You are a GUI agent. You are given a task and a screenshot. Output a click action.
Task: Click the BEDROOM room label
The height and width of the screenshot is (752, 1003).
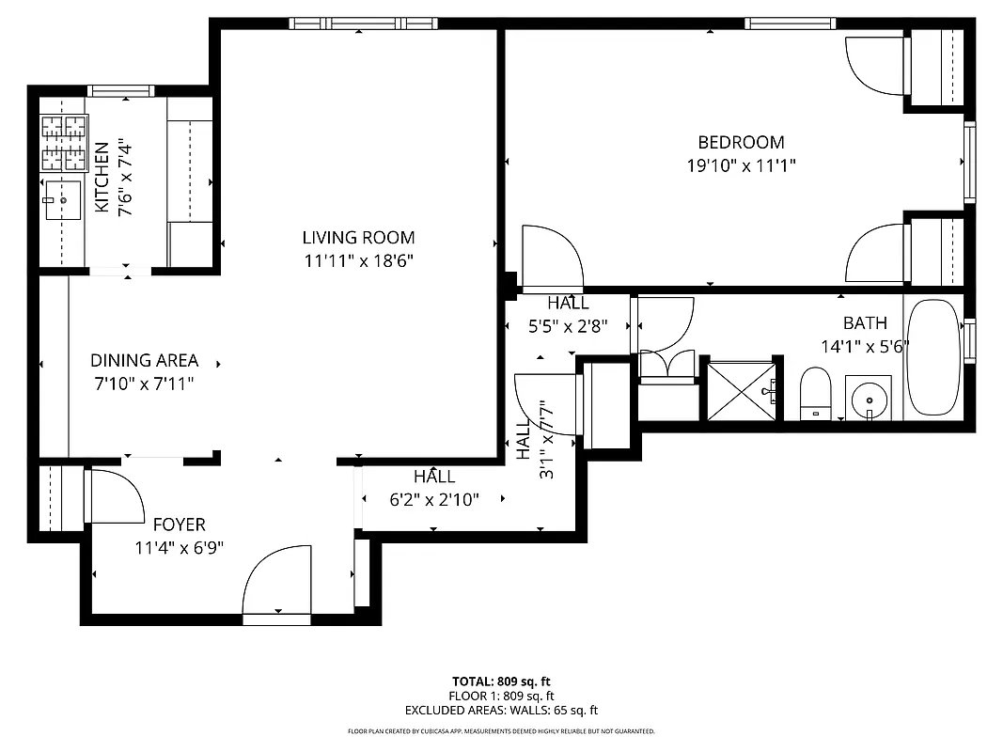(741, 143)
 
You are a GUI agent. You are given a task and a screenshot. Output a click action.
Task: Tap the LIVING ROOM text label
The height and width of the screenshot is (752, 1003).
(358, 238)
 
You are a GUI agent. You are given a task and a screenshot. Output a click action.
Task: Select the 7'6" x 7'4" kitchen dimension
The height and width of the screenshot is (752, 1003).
(126, 179)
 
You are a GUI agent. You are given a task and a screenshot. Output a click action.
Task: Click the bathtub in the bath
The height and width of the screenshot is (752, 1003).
(932, 358)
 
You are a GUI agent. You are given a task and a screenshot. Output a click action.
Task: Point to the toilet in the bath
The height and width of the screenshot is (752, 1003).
(815, 394)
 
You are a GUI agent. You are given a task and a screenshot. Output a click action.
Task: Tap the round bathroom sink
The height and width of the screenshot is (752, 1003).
(870, 399)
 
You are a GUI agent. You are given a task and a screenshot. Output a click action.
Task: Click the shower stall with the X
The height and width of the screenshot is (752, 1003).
(743, 389)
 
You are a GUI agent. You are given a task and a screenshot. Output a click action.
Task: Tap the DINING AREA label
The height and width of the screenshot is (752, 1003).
(144, 360)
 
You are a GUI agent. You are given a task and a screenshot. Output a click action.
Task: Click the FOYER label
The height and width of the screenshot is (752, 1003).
(179, 525)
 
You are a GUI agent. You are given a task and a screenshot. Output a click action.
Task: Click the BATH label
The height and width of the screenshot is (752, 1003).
(864, 323)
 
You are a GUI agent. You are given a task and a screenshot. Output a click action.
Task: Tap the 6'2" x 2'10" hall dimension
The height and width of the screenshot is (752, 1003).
(434, 500)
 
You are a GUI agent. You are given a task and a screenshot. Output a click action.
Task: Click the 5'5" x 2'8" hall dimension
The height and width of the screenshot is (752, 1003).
(568, 326)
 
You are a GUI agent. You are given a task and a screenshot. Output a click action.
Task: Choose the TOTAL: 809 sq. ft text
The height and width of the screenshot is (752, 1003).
(501, 681)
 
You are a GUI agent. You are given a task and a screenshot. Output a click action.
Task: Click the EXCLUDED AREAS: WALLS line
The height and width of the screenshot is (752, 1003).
(501, 711)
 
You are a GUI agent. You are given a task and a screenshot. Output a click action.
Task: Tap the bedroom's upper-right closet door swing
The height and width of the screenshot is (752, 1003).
(874, 66)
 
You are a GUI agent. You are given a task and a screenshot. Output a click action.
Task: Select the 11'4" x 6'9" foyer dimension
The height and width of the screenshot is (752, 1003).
(179, 547)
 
